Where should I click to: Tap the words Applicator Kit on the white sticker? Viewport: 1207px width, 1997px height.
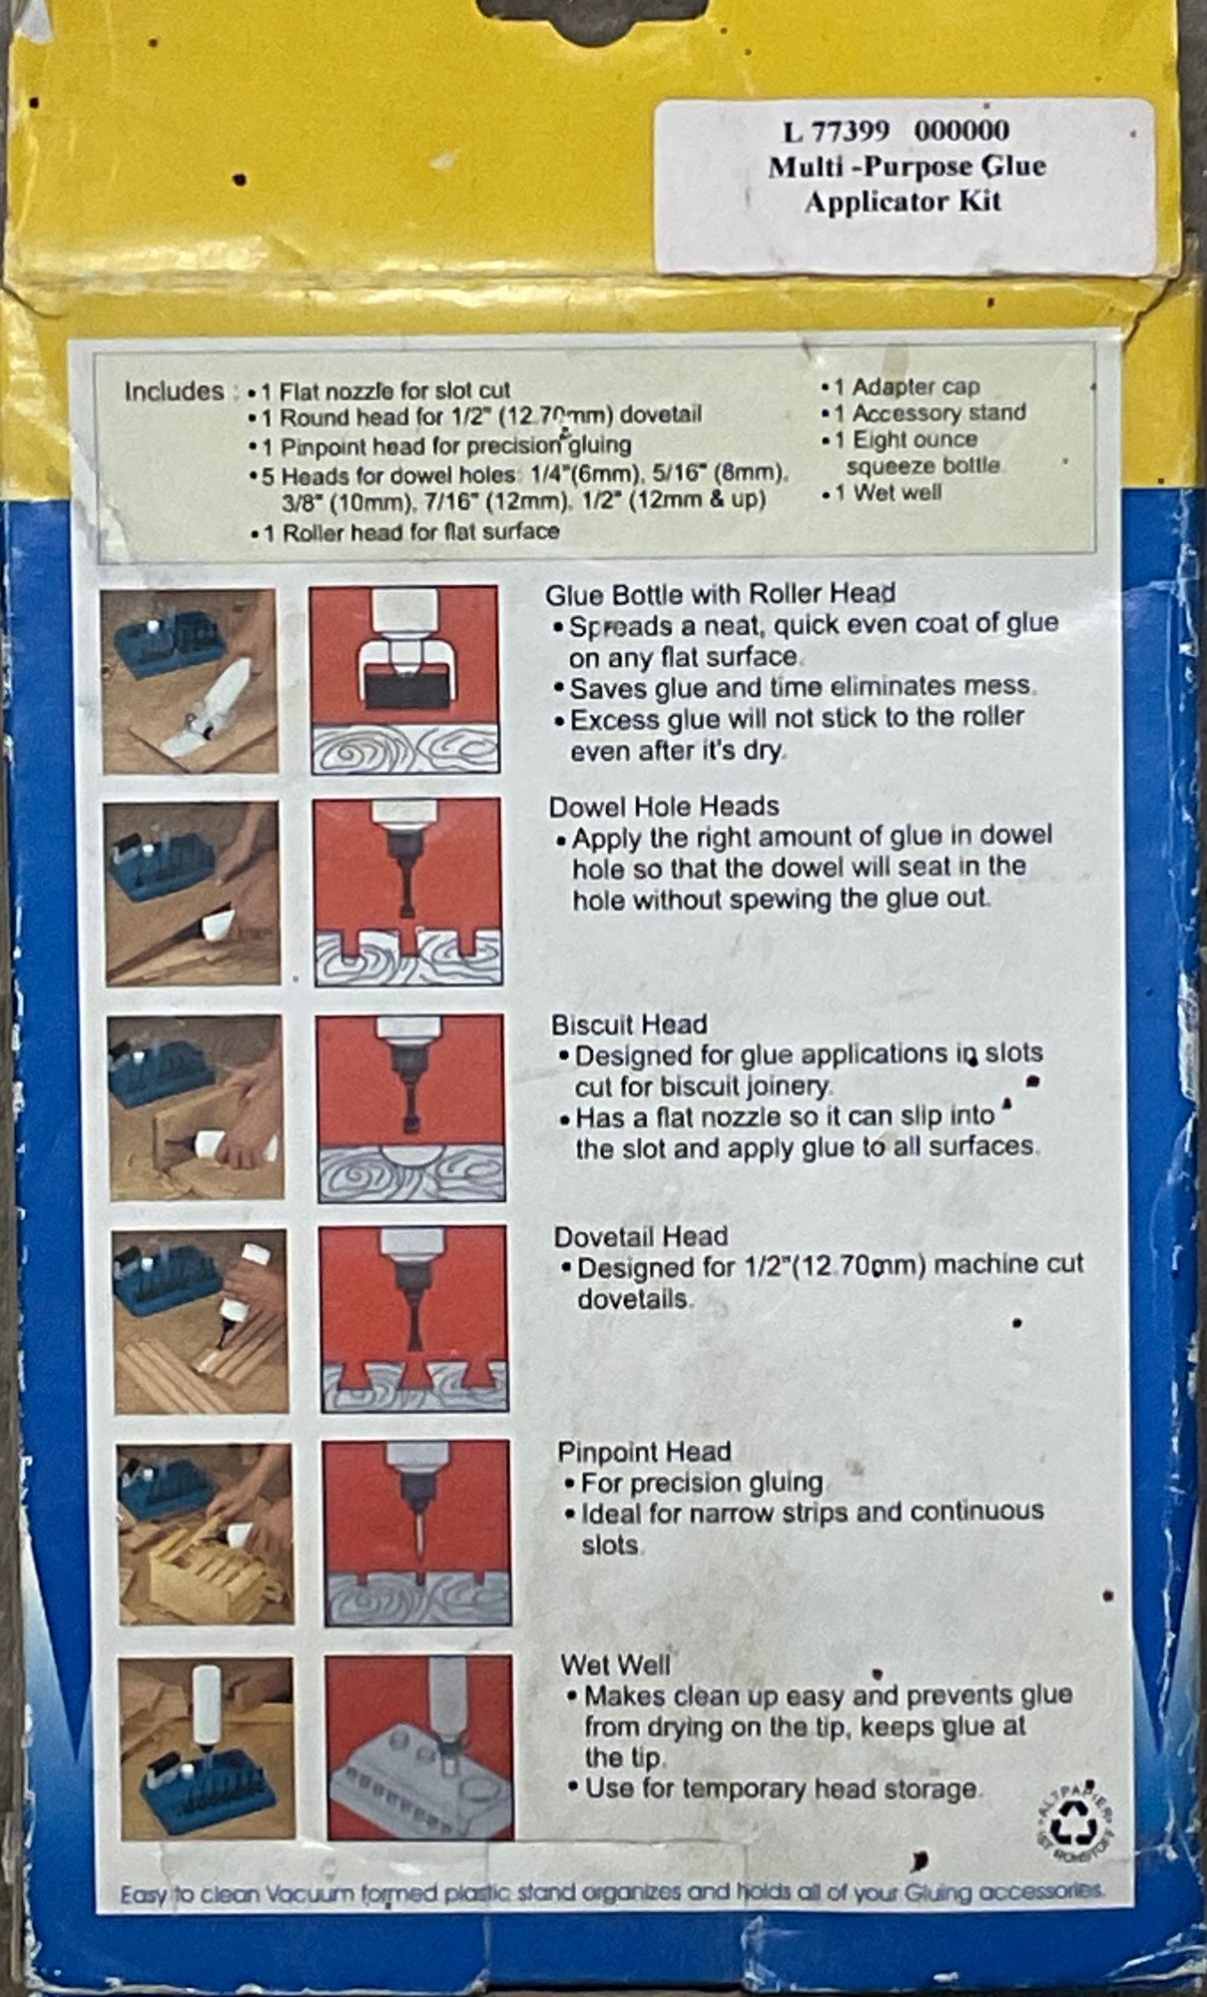point(903,202)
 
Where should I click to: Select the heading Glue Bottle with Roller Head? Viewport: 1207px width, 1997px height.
point(720,594)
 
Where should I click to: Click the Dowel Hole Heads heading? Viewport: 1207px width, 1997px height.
point(664,806)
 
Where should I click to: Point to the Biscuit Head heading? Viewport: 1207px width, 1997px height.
point(629,1024)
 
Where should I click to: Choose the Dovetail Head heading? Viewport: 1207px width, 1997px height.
point(641,1236)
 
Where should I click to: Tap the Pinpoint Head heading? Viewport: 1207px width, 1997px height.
point(644,1452)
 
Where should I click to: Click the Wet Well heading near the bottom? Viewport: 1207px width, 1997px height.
point(615,1664)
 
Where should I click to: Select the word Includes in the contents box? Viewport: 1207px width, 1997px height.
point(174,390)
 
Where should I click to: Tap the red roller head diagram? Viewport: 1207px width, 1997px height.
point(404,680)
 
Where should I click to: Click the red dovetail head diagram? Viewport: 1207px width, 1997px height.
point(413,1319)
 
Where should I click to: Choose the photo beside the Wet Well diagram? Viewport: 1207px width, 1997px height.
point(207,1748)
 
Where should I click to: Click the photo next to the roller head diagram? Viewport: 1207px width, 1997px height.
point(190,681)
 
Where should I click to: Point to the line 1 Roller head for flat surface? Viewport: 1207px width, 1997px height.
point(411,532)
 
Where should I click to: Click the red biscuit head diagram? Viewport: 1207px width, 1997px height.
point(410,1107)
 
